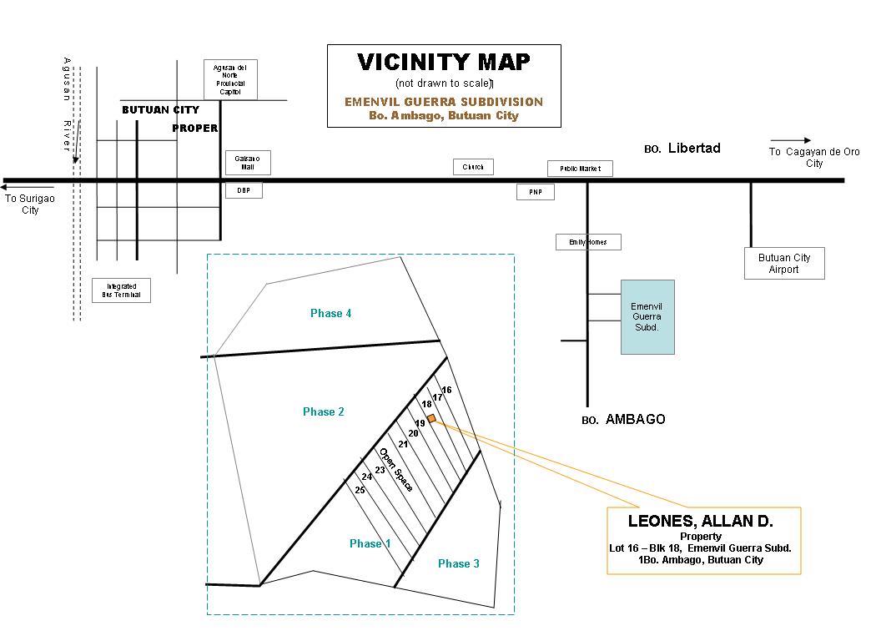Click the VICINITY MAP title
pyautogui.click(x=444, y=63)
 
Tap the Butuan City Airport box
pyautogui.click(x=783, y=263)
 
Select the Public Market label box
pyautogui.click(x=580, y=169)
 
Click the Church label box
pyautogui.click(x=473, y=167)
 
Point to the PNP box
pyautogui.click(x=535, y=192)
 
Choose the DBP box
pyautogui.click(x=244, y=190)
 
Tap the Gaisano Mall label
pyautogui.click(x=243, y=163)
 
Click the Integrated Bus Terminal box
pyautogui.click(x=121, y=290)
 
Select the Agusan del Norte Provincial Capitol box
pyautogui.click(x=230, y=79)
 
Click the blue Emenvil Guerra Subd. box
pyautogui.click(x=647, y=317)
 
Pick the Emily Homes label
pyautogui.click(x=588, y=242)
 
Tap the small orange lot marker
pyautogui.click(x=431, y=418)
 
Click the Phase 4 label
pyautogui.click(x=330, y=313)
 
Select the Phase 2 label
pyautogui.click(x=324, y=411)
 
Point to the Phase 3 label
pyautogui.click(x=459, y=563)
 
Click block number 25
pyautogui.click(x=360, y=490)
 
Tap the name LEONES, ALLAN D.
pyautogui.click(x=700, y=522)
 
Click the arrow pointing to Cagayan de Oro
pyautogui.click(x=790, y=140)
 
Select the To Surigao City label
pyautogui.click(x=23, y=204)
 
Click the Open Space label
pyautogui.click(x=396, y=470)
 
